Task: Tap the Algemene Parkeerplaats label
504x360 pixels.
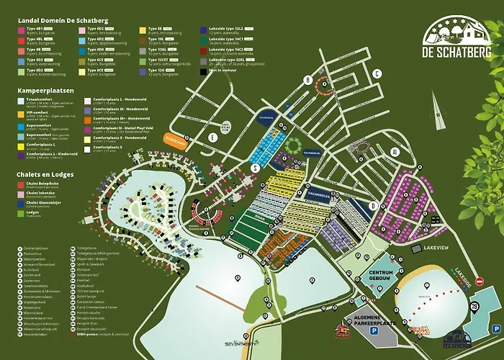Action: (x=371, y=325)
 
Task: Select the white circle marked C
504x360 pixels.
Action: (x=376, y=73)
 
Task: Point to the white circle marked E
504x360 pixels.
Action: (x=212, y=135)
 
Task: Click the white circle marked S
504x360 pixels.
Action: (x=254, y=166)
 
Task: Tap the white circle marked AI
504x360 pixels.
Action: (x=394, y=151)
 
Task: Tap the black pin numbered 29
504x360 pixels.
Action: (x=474, y=307)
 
